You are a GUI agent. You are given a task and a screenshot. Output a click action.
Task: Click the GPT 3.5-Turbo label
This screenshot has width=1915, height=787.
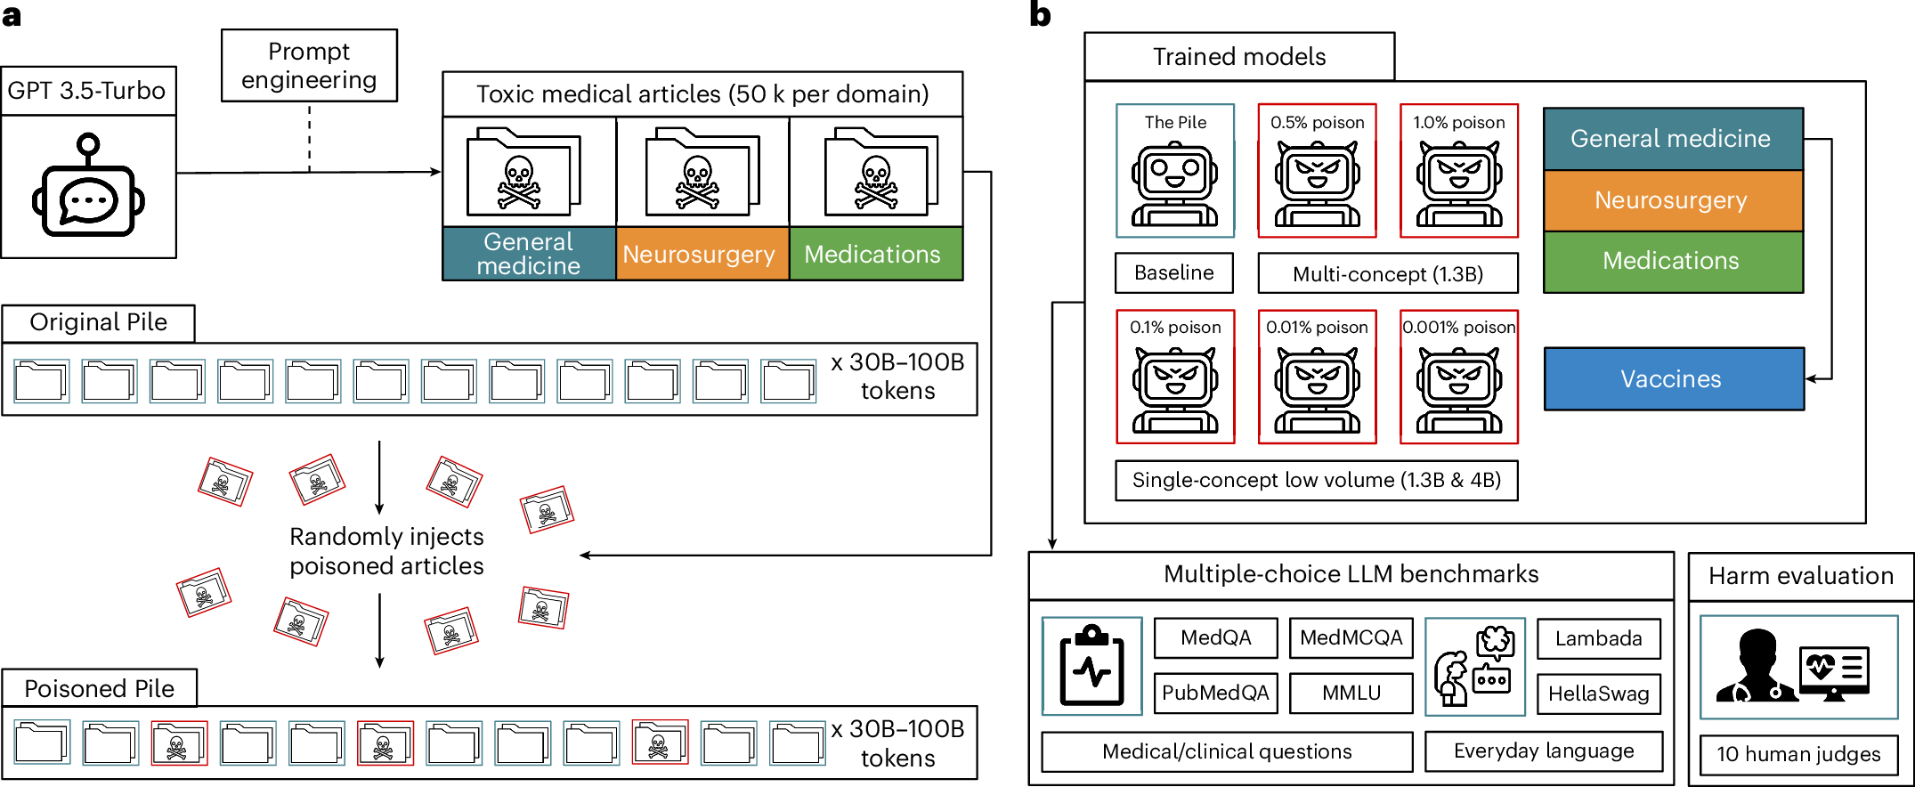(87, 91)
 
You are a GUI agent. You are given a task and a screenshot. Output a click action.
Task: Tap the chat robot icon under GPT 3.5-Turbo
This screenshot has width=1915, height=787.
(88, 189)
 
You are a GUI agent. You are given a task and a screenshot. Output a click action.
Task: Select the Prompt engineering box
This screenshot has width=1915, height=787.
(309, 66)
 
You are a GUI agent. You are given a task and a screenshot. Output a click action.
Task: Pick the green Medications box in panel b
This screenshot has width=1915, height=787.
(1672, 261)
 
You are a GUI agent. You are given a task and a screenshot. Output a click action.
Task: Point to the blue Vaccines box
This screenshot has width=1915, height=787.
(1672, 379)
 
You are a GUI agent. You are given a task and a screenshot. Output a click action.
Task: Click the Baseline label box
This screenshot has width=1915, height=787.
(1173, 273)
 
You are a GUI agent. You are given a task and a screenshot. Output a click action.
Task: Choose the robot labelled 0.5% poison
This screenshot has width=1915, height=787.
(1317, 183)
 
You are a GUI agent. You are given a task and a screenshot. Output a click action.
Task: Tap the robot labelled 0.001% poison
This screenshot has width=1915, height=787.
(1458, 387)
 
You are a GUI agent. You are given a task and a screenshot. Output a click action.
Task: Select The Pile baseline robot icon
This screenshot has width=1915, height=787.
(1174, 183)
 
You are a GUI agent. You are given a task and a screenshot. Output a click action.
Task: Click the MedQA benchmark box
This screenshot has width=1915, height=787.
(1215, 638)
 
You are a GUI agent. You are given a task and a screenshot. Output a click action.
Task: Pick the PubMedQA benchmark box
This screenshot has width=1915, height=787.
(1215, 694)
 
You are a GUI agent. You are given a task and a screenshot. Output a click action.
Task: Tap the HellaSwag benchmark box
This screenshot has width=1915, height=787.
(1598, 694)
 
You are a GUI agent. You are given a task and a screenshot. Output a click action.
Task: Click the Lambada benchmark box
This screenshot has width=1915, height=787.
(1598, 639)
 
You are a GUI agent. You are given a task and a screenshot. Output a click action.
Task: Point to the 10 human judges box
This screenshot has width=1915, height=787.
(1798, 755)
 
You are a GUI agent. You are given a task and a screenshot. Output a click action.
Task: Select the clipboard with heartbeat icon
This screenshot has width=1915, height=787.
(1091, 667)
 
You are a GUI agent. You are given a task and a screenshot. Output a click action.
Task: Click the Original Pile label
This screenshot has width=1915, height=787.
(98, 322)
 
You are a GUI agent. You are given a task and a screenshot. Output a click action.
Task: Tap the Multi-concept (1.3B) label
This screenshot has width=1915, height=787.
(1387, 274)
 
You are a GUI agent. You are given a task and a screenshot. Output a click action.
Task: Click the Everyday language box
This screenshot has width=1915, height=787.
(1543, 751)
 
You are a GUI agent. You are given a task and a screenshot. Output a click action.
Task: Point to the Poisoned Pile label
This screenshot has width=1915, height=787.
(99, 689)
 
